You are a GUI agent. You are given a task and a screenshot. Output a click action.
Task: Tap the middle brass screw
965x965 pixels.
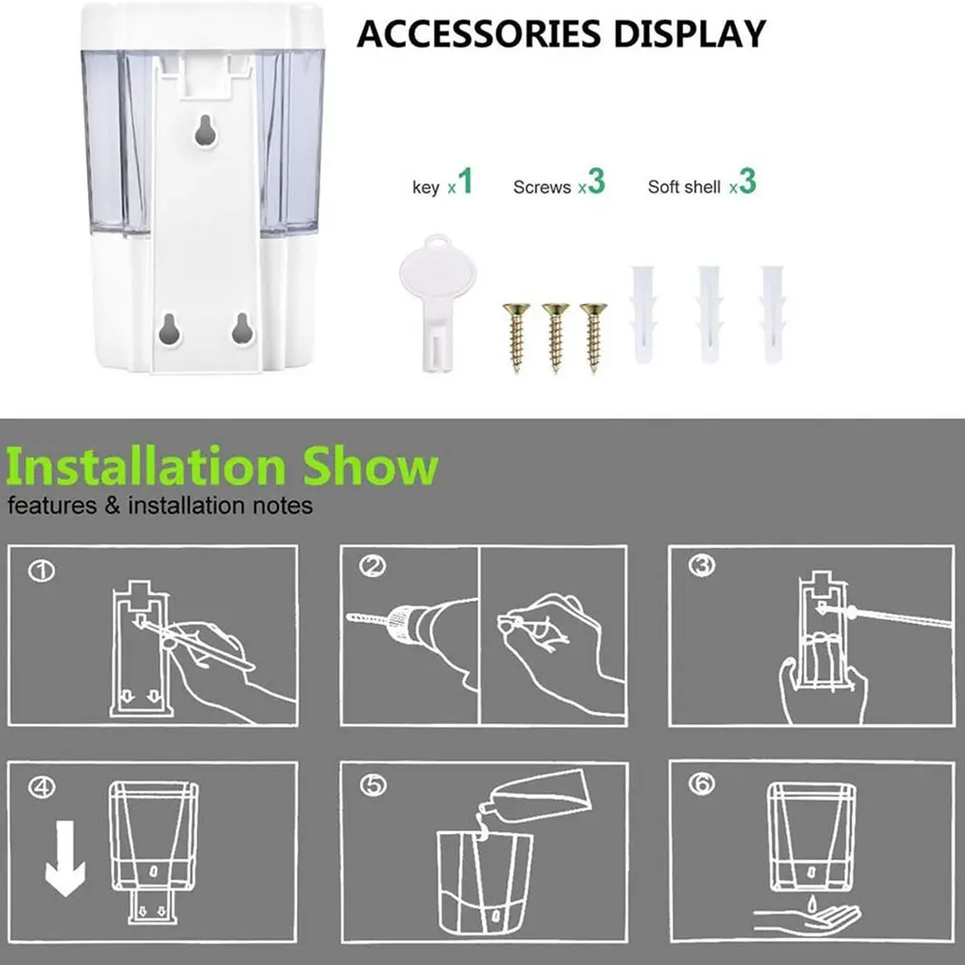[555, 336]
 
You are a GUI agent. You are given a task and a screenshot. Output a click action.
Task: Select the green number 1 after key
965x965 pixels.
[465, 181]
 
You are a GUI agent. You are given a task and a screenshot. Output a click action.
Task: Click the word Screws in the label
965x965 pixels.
[542, 187]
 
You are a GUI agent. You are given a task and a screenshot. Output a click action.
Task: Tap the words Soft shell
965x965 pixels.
[684, 187]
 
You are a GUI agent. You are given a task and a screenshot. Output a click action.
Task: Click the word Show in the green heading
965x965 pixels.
[370, 467]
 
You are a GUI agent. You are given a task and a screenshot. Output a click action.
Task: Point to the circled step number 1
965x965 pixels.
[41, 571]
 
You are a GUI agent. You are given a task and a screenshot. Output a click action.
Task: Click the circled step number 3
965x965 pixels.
[701, 566]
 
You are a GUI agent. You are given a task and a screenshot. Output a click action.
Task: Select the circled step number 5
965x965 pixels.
[374, 785]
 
